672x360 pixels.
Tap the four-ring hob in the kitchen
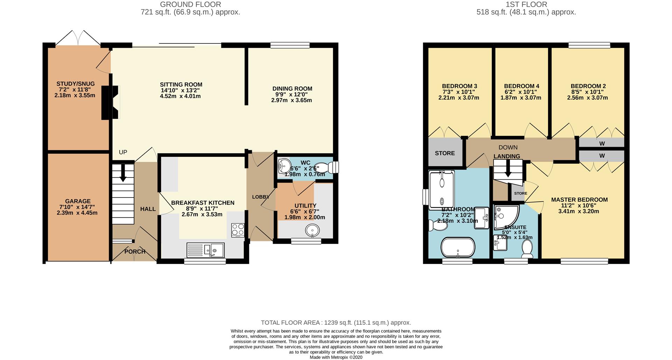click(x=238, y=230)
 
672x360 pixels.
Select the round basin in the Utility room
click(x=312, y=230)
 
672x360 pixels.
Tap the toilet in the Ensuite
click(x=527, y=249)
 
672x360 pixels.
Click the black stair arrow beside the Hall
click(x=123, y=173)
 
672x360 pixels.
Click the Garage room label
click(x=78, y=201)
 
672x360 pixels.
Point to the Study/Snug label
click(x=76, y=84)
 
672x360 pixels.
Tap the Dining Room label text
click(x=292, y=89)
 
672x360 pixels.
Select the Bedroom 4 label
click(x=521, y=86)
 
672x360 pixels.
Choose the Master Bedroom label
click(x=579, y=200)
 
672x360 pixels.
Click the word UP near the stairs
click(x=123, y=152)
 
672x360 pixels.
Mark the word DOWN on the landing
click(x=508, y=147)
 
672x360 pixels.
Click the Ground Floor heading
click(x=190, y=5)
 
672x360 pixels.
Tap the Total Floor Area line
click(x=336, y=323)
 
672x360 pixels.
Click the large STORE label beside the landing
click(x=445, y=153)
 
